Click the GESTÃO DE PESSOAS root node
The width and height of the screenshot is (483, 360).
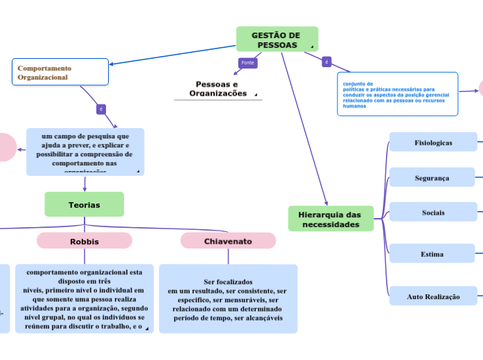click(276, 39)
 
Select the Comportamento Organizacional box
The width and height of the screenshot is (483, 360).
click(60, 72)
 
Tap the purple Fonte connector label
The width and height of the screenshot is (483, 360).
click(247, 63)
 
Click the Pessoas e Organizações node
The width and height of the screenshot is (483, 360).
click(218, 89)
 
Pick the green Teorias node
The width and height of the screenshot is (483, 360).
click(84, 205)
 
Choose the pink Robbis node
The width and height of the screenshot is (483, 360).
click(84, 241)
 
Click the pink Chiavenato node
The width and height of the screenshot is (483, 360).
click(228, 241)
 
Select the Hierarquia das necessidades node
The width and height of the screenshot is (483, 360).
click(330, 219)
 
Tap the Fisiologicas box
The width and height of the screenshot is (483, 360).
click(433, 143)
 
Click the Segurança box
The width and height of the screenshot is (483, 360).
click(433, 178)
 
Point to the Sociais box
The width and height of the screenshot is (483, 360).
click(433, 213)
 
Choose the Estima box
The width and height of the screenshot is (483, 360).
click(433, 254)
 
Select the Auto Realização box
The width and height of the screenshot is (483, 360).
click(433, 296)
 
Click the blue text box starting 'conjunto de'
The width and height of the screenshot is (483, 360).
click(397, 94)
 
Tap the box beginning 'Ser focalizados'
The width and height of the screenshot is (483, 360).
click(228, 299)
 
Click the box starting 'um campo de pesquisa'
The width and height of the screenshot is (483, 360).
click(85, 152)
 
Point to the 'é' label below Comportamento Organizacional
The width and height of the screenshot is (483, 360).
click(101, 109)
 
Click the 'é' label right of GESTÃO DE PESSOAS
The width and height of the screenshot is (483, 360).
click(326, 62)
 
